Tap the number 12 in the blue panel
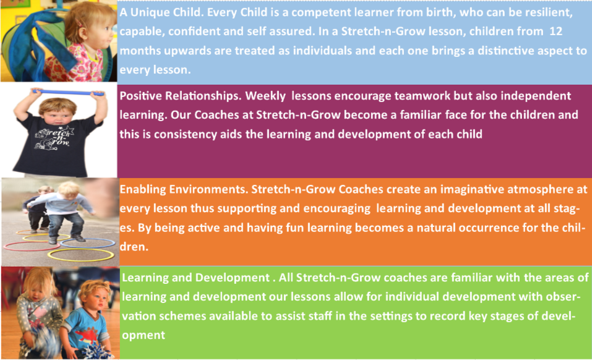(x=556, y=32)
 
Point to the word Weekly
(x=265, y=96)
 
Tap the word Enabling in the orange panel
(x=143, y=189)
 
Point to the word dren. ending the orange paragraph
(x=134, y=247)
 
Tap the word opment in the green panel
(x=144, y=335)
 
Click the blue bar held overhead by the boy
(x=68, y=92)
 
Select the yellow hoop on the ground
(x=81, y=255)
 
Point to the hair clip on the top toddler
(x=79, y=24)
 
